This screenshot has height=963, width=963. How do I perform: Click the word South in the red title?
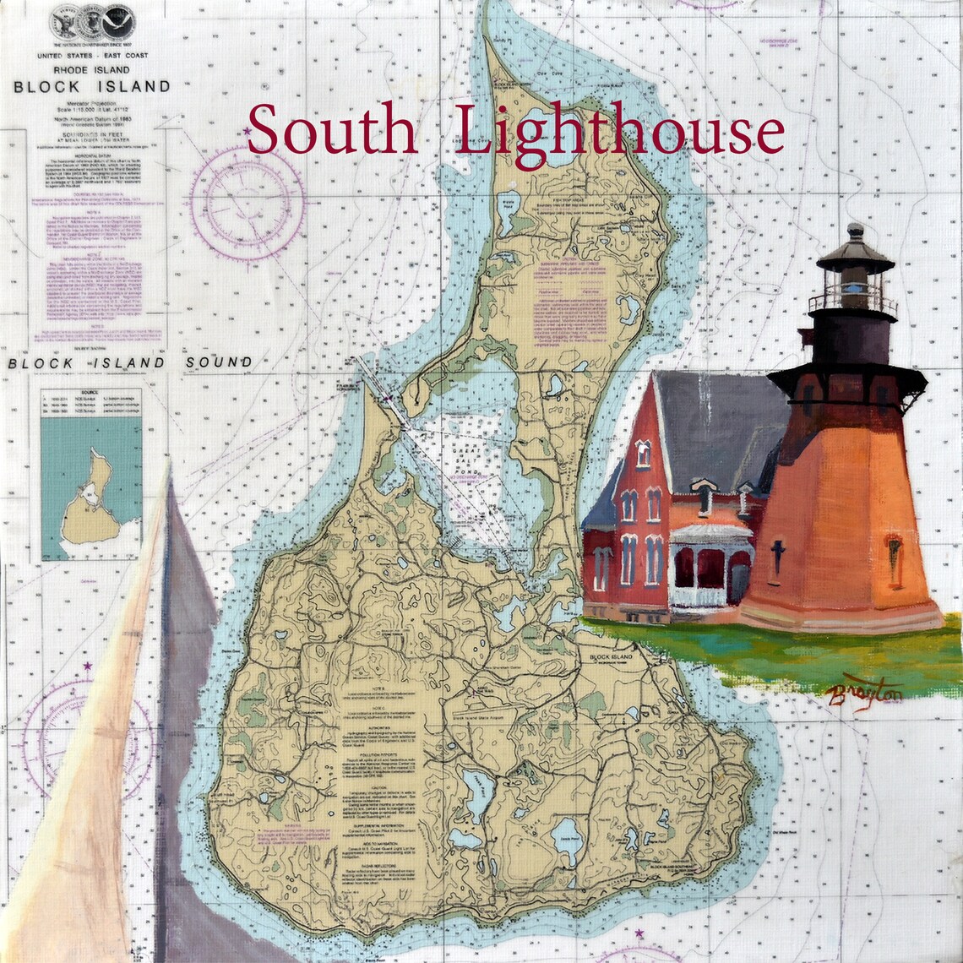point(332,130)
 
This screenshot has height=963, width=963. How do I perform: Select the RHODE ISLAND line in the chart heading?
point(90,69)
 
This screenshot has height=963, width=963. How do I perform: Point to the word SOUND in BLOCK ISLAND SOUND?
point(220,362)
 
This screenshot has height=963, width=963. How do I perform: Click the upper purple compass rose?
point(247,203)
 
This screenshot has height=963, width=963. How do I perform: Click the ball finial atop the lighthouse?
point(855,229)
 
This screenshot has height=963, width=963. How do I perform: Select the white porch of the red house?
point(708,566)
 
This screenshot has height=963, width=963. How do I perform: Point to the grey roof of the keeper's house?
point(718,422)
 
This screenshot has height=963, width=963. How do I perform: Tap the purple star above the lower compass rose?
point(86,667)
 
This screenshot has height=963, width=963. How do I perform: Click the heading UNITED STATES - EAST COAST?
point(90,54)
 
